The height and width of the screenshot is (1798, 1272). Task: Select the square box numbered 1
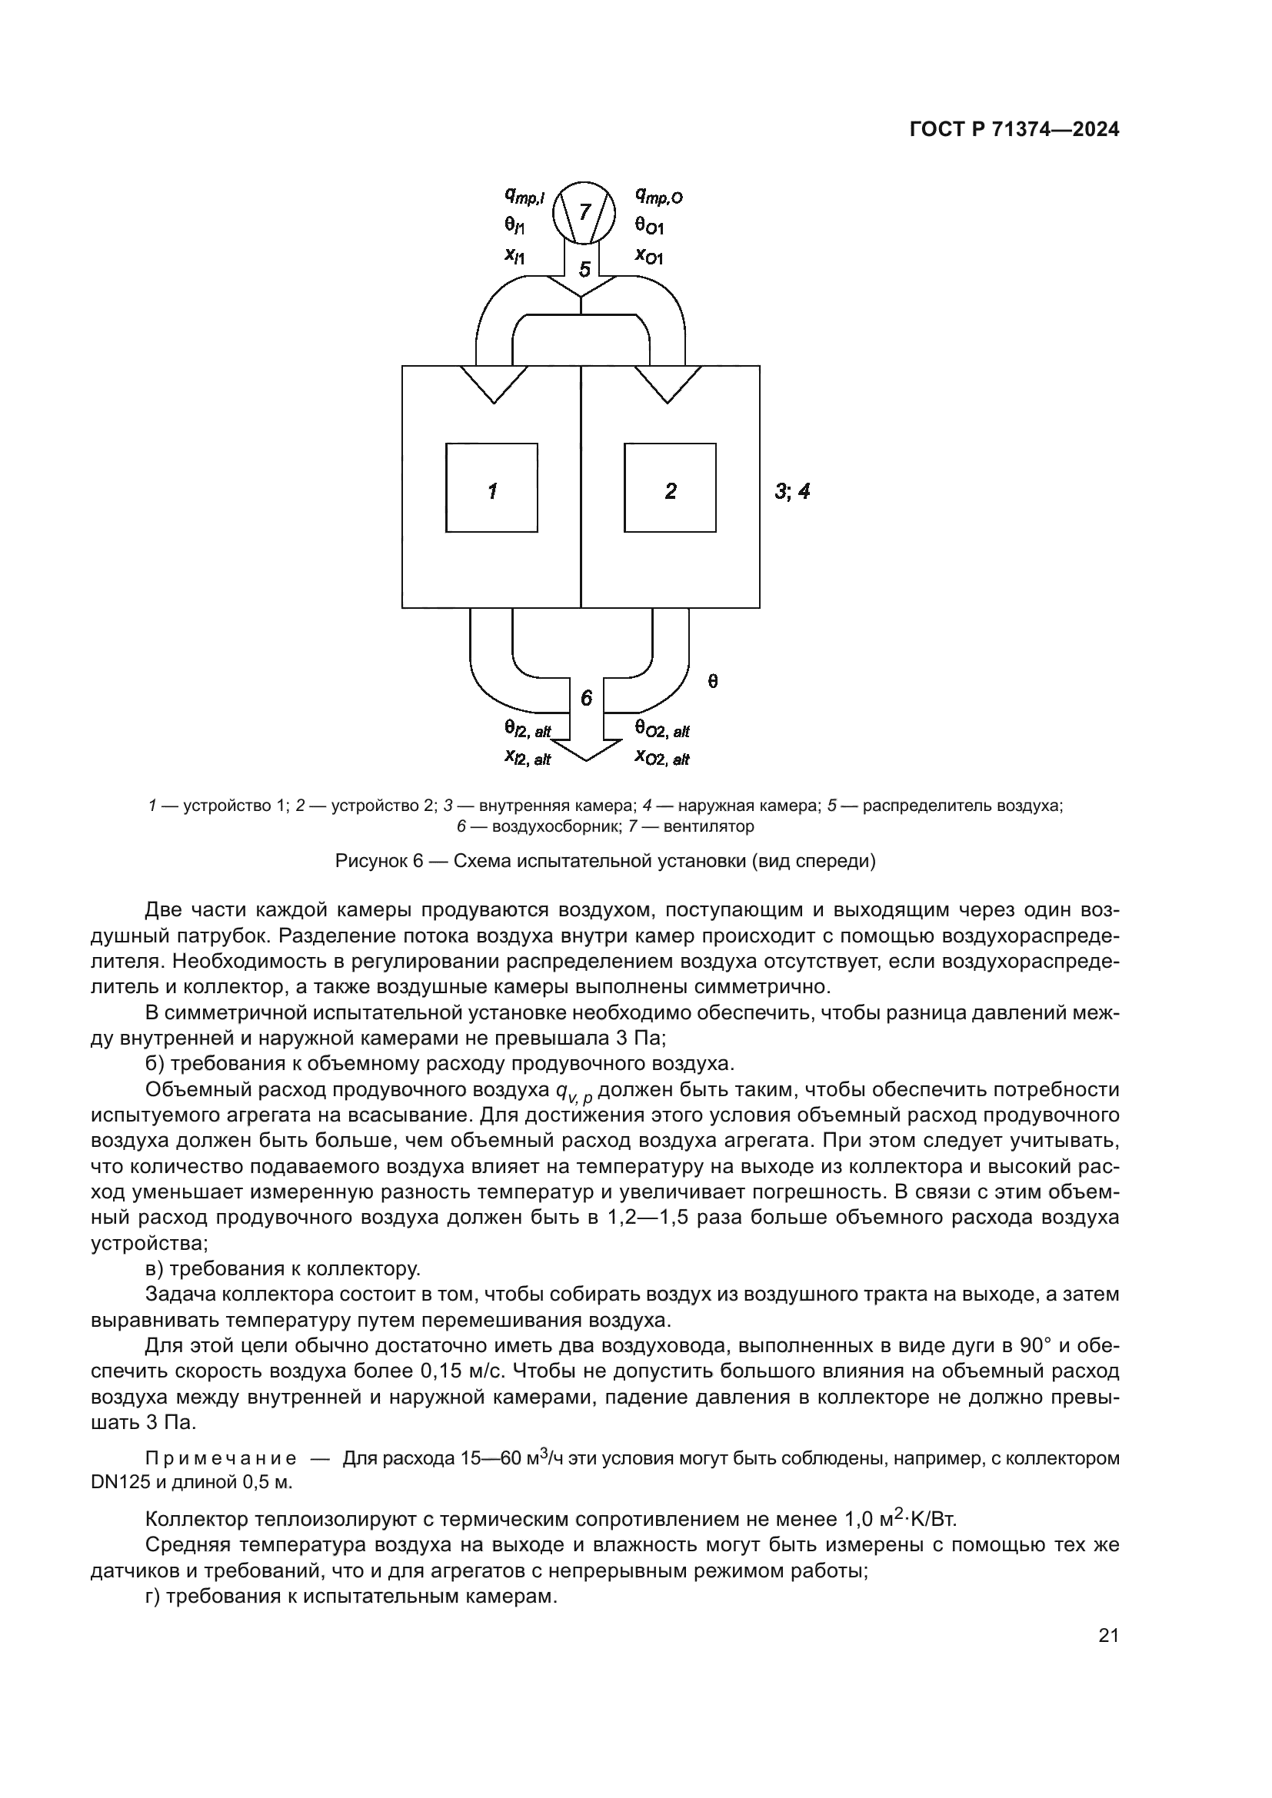click(x=492, y=488)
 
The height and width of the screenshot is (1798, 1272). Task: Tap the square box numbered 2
click(x=670, y=488)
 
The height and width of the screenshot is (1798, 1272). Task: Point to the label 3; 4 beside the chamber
click(x=792, y=492)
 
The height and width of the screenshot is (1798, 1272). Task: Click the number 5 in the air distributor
click(x=584, y=269)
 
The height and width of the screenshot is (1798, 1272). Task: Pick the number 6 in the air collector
click(x=587, y=698)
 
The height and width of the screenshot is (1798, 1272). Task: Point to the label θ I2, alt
click(x=527, y=730)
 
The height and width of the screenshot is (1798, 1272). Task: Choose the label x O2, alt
click(x=662, y=758)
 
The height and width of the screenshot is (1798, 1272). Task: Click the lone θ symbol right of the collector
click(x=712, y=681)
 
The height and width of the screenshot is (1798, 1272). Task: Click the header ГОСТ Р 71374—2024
click(x=1014, y=130)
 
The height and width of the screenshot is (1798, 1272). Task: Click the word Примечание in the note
click(x=221, y=1458)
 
